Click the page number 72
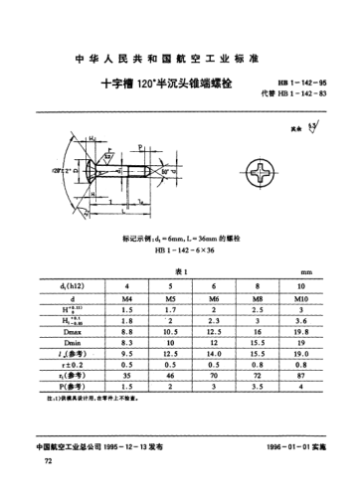point(39,462)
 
